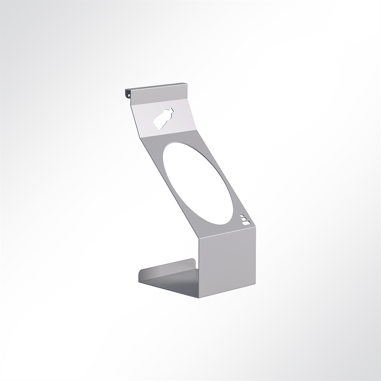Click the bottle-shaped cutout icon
point(163,118)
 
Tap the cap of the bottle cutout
point(171,110)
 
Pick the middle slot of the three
point(243,219)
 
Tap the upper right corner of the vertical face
point(255,228)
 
